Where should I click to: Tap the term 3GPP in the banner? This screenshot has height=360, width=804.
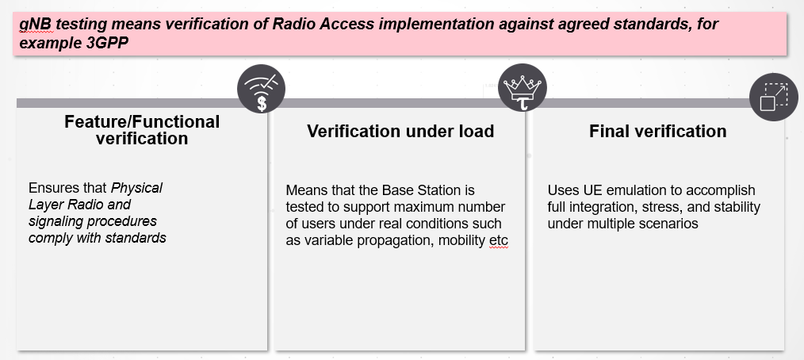point(108,43)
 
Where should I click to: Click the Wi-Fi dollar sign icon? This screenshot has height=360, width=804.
point(261,89)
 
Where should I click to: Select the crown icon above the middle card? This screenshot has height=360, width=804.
point(523,88)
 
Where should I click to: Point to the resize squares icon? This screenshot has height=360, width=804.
point(774,97)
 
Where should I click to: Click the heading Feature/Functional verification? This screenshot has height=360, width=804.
point(142,130)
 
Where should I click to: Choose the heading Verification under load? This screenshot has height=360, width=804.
point(400,132)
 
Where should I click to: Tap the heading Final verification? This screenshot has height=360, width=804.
point(658,132)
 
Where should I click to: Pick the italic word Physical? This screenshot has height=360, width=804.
point(137,188)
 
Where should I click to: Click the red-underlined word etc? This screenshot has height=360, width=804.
point(499,241)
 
